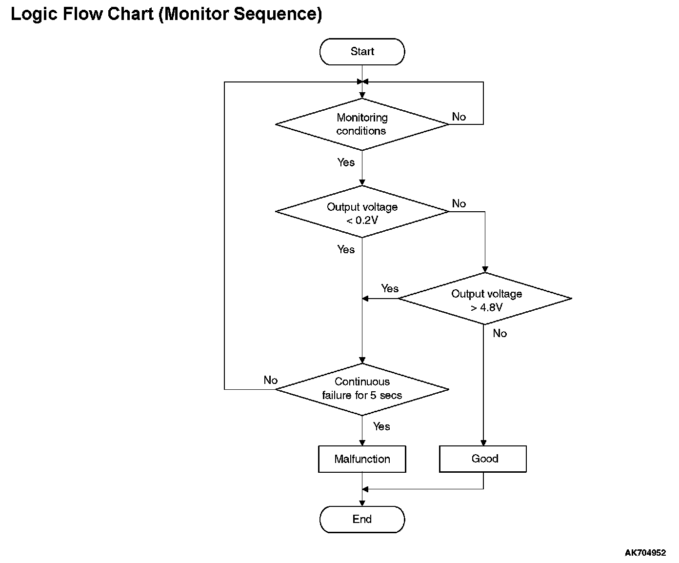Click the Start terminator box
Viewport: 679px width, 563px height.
click(x=362, y=52)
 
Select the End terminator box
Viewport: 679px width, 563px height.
click(x=362, y=519)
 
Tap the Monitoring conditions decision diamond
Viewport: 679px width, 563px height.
click(x=362, y=124)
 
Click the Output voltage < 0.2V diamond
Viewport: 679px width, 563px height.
click(x=362, y=211)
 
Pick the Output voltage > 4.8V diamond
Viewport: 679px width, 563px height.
click(x=484, y=299)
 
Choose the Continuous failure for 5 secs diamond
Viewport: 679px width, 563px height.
click(x=362, y=389)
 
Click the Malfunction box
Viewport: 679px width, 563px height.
click(x=362, y=459)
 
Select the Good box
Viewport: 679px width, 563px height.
click(x=483, y=459)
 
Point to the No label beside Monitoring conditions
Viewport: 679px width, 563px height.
click(x=459, y=117)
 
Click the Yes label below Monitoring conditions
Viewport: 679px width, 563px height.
click(x=346, y=162)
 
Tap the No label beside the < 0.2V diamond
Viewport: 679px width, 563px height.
click(x=459, y=203)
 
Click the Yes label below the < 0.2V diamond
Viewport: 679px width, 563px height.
click(x=346, y=249)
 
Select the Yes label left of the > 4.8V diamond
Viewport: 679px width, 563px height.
click(x=390, y=288)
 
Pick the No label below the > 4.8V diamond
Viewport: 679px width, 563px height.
click(x=500, y=333)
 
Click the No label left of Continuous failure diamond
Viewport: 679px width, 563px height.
click(x=271, y=380)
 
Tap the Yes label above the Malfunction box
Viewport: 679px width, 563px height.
click(x=381, y=426)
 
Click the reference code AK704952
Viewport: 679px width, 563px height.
click(x=645, y=553)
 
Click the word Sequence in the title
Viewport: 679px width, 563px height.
click(x=278, y=14)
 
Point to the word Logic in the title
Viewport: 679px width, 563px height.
click(x=35, y=15)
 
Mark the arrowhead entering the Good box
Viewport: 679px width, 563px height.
click(x=483, y=442)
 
